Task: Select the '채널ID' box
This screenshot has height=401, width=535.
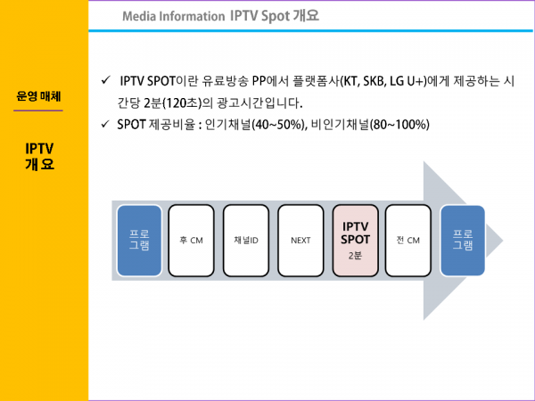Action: click(245, 241)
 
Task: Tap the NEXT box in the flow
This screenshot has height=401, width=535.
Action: click(300, 241)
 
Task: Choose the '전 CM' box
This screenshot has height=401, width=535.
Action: click(407, 241)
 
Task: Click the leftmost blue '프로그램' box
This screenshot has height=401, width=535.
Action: click(139, 241)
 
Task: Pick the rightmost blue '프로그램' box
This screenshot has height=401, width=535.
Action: click(463, 241)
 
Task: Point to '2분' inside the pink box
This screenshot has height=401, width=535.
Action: click(356, 256)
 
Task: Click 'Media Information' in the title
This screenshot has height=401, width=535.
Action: click(173, 16)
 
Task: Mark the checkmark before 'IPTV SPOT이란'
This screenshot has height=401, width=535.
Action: click(106, 82)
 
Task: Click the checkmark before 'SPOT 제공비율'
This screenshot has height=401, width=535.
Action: click(106, 124)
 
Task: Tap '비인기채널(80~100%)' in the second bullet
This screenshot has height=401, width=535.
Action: click(370, 124)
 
